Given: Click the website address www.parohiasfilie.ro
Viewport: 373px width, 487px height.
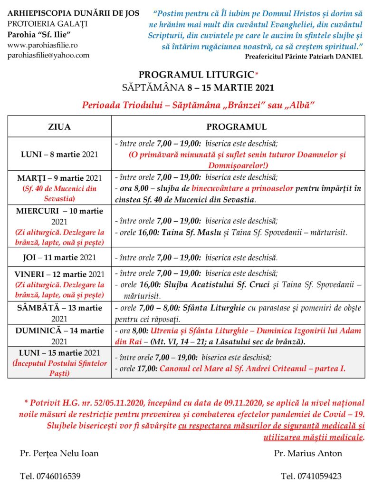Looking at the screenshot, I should point(42,45).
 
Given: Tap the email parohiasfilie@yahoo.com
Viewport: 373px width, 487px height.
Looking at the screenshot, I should point(48,55).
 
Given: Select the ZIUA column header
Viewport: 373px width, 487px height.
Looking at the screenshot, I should point(59,127).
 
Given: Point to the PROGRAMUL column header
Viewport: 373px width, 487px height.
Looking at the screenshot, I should point(236,127).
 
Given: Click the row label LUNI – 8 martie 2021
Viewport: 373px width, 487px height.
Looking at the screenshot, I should point(59,155).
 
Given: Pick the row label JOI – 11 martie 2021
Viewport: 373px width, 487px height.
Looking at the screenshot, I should point(59,258).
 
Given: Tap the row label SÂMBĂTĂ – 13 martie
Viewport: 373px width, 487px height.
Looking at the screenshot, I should point(59,308).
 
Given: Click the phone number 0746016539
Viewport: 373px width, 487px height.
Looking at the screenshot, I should point(50,476).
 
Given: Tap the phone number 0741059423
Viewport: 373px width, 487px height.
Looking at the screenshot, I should point(311,476).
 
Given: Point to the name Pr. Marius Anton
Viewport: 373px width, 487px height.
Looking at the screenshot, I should point(308,453).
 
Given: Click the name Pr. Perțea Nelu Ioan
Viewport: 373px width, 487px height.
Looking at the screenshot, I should point(59,453).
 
